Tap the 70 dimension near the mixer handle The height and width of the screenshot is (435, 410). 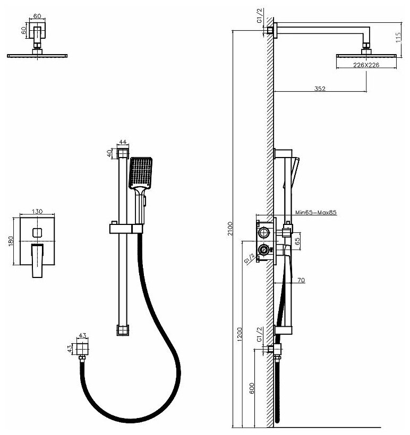tap(301, 280)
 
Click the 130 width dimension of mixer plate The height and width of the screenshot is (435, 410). tap(37, 211)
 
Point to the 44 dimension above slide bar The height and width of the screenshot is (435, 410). tap(123, 142)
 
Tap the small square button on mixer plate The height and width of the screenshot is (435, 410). tap(37, 231)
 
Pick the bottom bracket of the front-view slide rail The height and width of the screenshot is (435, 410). tap(123, 329)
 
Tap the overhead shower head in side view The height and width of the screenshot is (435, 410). tap(366, 56)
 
